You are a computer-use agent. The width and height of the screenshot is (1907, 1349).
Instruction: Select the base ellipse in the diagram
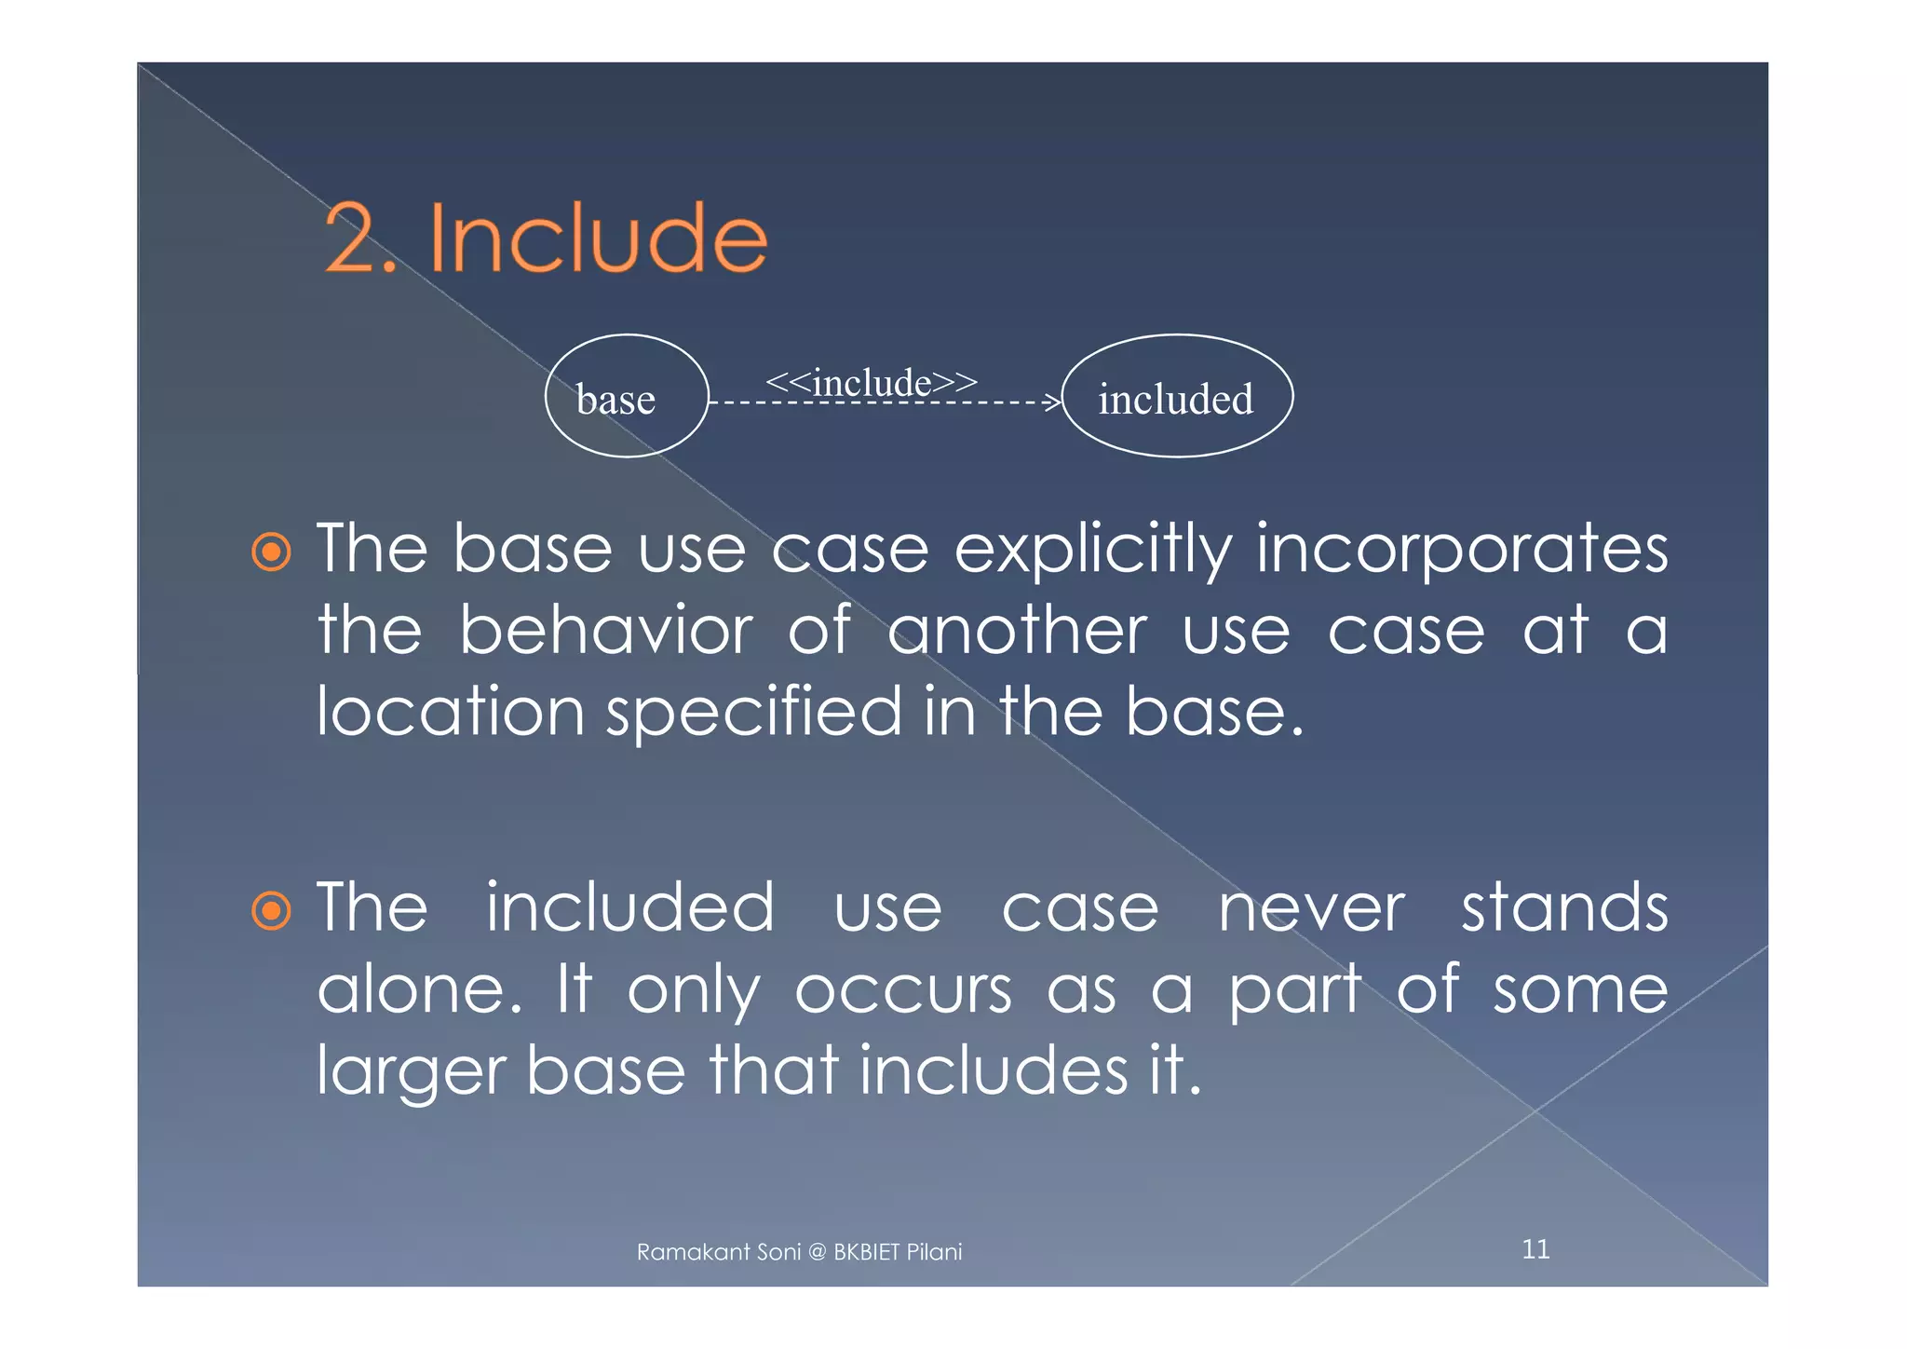pos(627,396)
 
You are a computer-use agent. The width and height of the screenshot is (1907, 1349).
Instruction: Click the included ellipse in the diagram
pos(1177,396)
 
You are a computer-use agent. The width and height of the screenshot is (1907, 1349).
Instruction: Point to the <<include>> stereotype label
pos(871,382)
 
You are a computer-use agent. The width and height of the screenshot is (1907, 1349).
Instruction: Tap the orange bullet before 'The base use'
pos(272,552)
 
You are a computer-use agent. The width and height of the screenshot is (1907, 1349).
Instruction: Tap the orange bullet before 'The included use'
pos(272,911)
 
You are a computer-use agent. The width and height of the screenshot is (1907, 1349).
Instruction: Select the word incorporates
pos(1461,550)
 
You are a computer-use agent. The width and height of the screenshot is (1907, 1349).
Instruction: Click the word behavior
pos(606,631)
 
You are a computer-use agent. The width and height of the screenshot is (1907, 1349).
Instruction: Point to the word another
pos(1017,631)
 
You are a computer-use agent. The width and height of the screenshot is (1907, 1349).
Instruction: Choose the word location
pos(451,712)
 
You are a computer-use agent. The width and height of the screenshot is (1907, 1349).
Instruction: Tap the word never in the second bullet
pos(1311,909)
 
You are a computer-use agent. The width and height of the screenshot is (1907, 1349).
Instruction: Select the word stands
pos(1564,907)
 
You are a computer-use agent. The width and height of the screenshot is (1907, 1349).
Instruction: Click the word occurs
pos(903,989)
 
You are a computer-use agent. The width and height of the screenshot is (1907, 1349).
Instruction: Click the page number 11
pos(1535,1249)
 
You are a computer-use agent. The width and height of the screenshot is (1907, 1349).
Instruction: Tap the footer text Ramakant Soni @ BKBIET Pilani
pos(799,1252)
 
